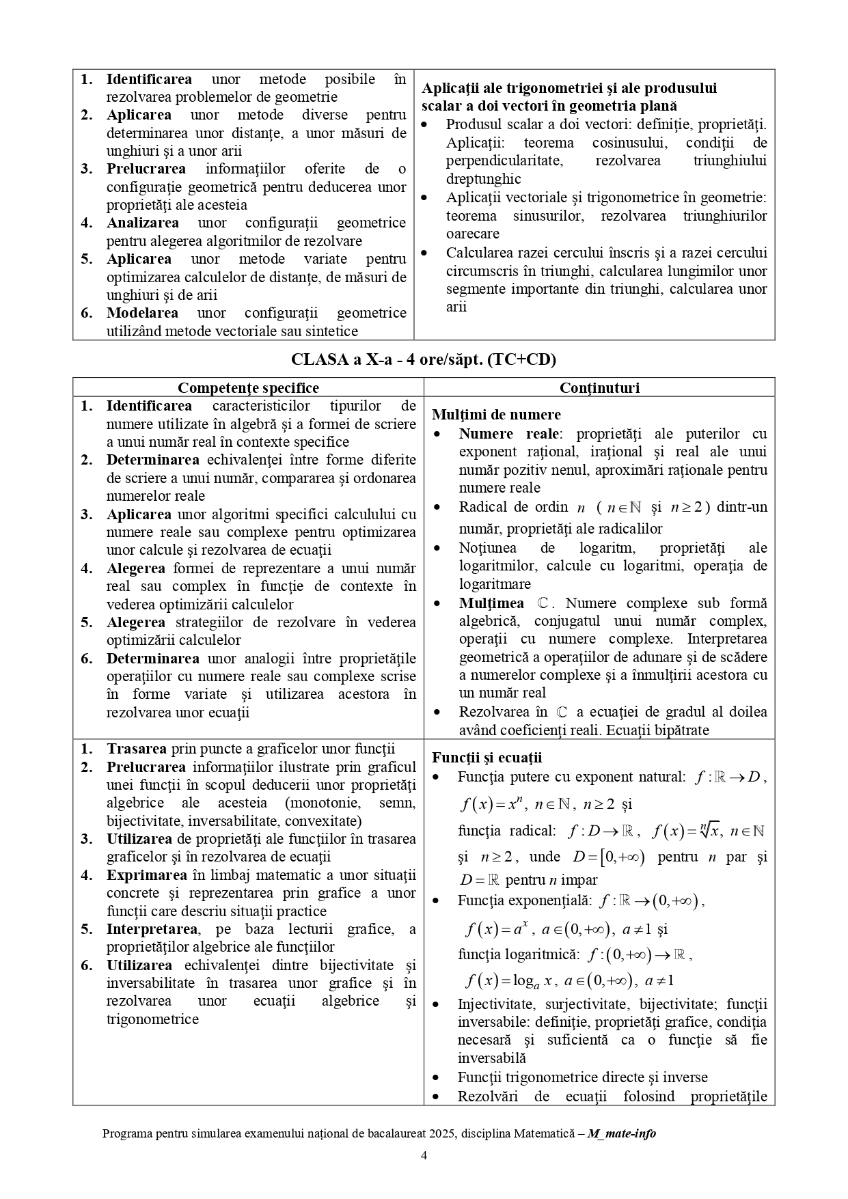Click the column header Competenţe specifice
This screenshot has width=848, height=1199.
pos(248,388)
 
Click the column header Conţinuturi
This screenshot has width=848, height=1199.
pos(599,388)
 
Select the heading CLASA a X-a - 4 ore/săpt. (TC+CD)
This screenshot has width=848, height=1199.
pos(424,359)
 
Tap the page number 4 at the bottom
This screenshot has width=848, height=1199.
pos(424,1156)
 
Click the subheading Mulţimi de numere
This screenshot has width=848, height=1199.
pos(496,415)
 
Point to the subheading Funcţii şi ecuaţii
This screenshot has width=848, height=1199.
pos(487,758)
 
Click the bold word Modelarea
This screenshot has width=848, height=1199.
pos(142,313)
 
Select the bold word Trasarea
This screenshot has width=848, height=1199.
pos(137,749)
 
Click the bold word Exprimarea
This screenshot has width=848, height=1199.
pos(146,875)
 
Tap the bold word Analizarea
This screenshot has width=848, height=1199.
pos(143,223)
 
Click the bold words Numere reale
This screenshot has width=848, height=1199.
pos(509,434)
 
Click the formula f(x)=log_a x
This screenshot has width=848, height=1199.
pos(510,982)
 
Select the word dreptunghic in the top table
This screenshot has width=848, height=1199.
pos(483,179)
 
